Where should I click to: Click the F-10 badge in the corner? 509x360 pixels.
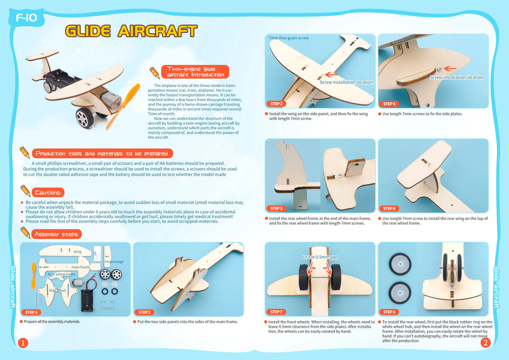(x=26, y=18)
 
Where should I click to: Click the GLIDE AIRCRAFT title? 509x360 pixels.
(x=131, y=31)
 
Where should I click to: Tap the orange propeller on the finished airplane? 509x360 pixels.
(x=123, y=106)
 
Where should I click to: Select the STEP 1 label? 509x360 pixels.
(x=31, y=312)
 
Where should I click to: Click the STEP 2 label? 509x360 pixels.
(x=145, y=312)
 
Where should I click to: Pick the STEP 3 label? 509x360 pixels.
(x=276, y=104)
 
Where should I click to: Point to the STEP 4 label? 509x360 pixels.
(x=389, y=104)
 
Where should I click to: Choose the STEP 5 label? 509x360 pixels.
(x=276, y=208)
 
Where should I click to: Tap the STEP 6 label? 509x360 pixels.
(x=389, y=208)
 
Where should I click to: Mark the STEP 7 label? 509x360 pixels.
(x=276, y=312)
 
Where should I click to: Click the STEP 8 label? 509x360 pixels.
(x=389, y=312)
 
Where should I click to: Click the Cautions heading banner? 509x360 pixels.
(x=48, y=192)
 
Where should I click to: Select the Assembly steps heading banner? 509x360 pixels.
(x=57, y=234)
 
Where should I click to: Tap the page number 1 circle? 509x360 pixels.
(x=23, y=343)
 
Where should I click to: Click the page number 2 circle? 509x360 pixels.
(x=486, y=343)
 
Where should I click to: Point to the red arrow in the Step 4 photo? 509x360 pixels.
(x=450, y=69)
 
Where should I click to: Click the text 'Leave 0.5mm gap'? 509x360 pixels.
(x=321, y=257)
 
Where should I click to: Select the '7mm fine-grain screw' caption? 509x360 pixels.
(x=289, y=38)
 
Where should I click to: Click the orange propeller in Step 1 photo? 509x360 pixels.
(x=33, y=275)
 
